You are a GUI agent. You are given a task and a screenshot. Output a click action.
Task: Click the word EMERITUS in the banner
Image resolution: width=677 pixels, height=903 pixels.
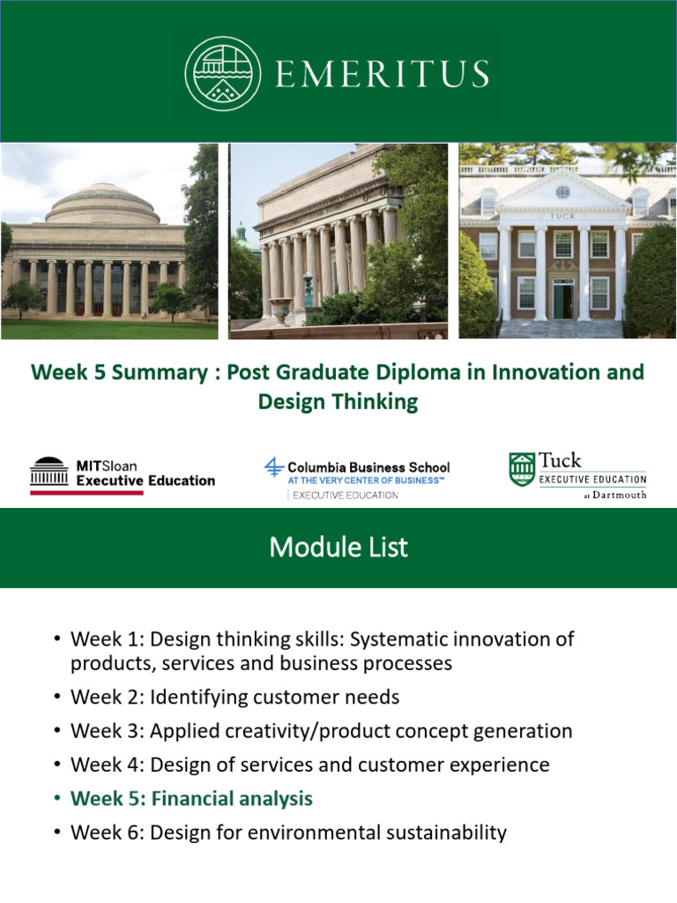click(x=382, y=74)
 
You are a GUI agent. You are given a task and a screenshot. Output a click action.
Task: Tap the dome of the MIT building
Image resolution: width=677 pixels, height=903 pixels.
click(x=101, y=204)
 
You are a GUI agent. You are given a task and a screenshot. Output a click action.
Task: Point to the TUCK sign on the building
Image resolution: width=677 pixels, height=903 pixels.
click(x=562, y=215)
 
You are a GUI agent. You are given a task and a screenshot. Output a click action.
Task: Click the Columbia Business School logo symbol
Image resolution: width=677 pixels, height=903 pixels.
click(x=275, y=467)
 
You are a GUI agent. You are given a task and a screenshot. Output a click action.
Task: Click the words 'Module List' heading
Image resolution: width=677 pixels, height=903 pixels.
click(x=338, y=548)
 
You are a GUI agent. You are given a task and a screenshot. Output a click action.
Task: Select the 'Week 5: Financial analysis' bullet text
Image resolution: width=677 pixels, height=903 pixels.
click(x=191, y=799)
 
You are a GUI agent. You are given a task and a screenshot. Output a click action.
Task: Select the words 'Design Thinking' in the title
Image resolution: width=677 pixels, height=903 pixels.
click(x=338, y=402)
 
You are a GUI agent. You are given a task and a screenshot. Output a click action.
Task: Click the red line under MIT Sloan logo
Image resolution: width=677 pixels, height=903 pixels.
click(x=86, y=492)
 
